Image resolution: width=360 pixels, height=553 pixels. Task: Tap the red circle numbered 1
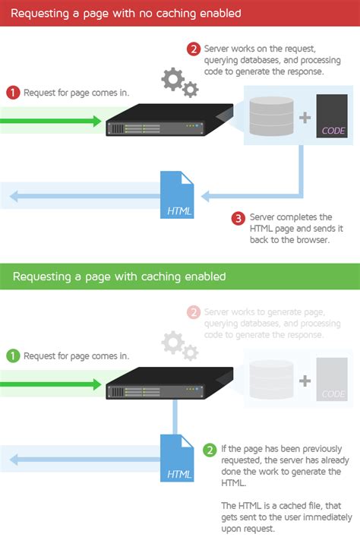(x=12, y=93)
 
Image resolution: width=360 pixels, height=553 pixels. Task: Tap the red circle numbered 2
(x=194, y=50)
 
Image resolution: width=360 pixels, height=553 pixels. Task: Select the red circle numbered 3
(x=238, y=219)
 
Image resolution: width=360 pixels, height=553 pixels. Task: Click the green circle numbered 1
(x=12, y=355)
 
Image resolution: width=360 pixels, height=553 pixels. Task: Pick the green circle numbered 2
(x=210, y=449)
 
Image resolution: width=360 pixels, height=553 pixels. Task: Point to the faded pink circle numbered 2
(x=194, y=313)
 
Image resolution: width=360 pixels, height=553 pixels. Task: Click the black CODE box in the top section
(x=332, y=116)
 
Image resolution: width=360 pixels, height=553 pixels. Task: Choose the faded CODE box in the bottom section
(x=332, y=379)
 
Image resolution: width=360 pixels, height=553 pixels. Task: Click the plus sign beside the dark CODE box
(x=305, y=118)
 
